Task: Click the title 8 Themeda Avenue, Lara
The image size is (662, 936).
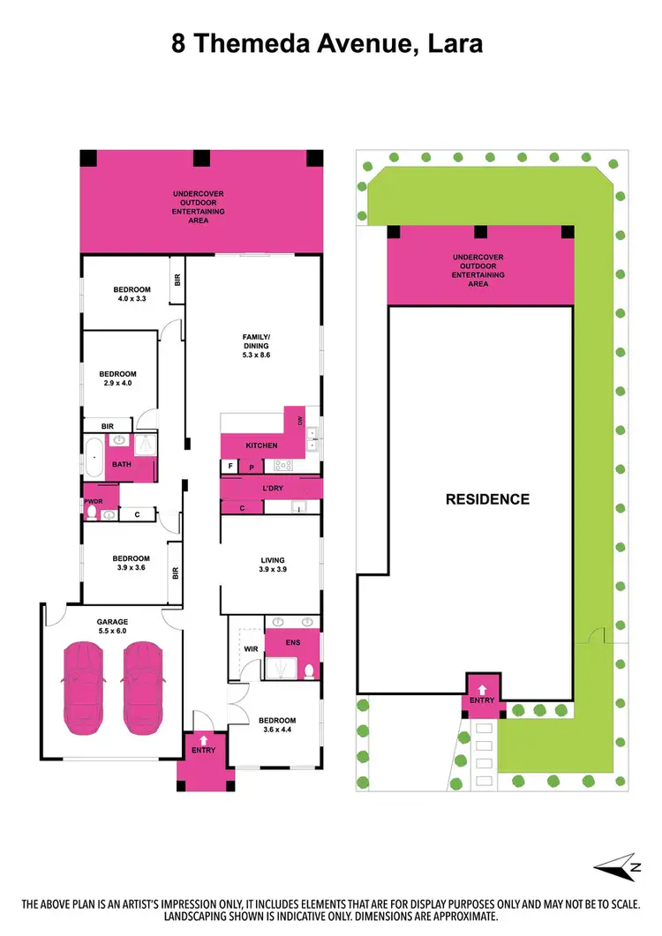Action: click(x=327, y=43)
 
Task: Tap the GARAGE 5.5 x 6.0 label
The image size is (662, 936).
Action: click(x=112, y=625)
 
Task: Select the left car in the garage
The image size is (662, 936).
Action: click(x=82, y=689)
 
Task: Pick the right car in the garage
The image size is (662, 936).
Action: click(x=141, y=689)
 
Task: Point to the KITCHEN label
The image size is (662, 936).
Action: click(x=261, y=446)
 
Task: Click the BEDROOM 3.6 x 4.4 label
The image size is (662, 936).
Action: click(x=277, y=725)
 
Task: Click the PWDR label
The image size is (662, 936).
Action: click(x=94, y=503)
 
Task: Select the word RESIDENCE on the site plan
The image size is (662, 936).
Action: click(x=487, y=499)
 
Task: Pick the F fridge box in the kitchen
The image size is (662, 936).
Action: click(x=230, y=465)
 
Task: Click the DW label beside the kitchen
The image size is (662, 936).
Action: click(x=300, y=421)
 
